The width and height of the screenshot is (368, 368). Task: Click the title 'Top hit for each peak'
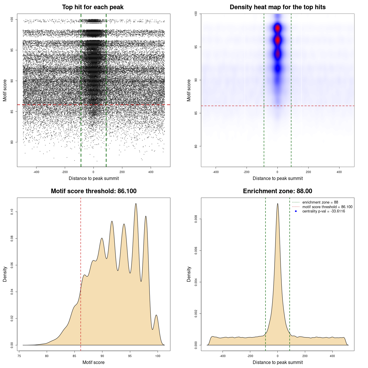click(x=93, y=7)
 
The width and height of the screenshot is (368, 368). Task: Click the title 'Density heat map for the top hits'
click(x=277, y=7)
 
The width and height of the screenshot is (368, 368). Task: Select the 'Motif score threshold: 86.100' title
click(x=93, y=191)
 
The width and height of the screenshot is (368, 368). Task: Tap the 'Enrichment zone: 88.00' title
click(x=277, y=191)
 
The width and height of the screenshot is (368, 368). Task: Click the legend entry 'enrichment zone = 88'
click(x=320, y=202)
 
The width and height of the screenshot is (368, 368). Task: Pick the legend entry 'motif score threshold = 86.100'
click(x=327, y=207)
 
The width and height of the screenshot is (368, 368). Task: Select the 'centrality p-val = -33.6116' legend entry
click(x=323, y=211)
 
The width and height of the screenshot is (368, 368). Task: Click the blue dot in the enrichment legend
click(x=296, y=211)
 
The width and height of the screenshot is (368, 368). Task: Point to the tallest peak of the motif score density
click(x=136, y=204)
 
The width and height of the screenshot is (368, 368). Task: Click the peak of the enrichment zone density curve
click(x=277, y=204)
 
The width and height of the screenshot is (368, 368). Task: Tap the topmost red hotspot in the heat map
click(x=277, y=28)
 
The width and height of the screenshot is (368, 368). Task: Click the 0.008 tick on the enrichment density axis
click(x=196, y=219)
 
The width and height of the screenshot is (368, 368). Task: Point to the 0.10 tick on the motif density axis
click(x=12, y=212)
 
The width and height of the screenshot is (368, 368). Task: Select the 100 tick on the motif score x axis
click(x=158, y=356)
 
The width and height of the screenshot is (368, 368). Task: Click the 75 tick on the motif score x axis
click(x=19, y=356)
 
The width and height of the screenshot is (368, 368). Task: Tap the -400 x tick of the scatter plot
click(x=36, y=172)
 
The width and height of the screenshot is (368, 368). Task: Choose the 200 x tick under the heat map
click(x=308, y=172)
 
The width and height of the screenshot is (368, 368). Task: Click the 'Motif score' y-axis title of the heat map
click(x=189, y=90)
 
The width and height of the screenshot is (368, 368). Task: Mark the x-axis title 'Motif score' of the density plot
click(x=93, y=362)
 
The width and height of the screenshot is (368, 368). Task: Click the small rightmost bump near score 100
click(x=156, y=315)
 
